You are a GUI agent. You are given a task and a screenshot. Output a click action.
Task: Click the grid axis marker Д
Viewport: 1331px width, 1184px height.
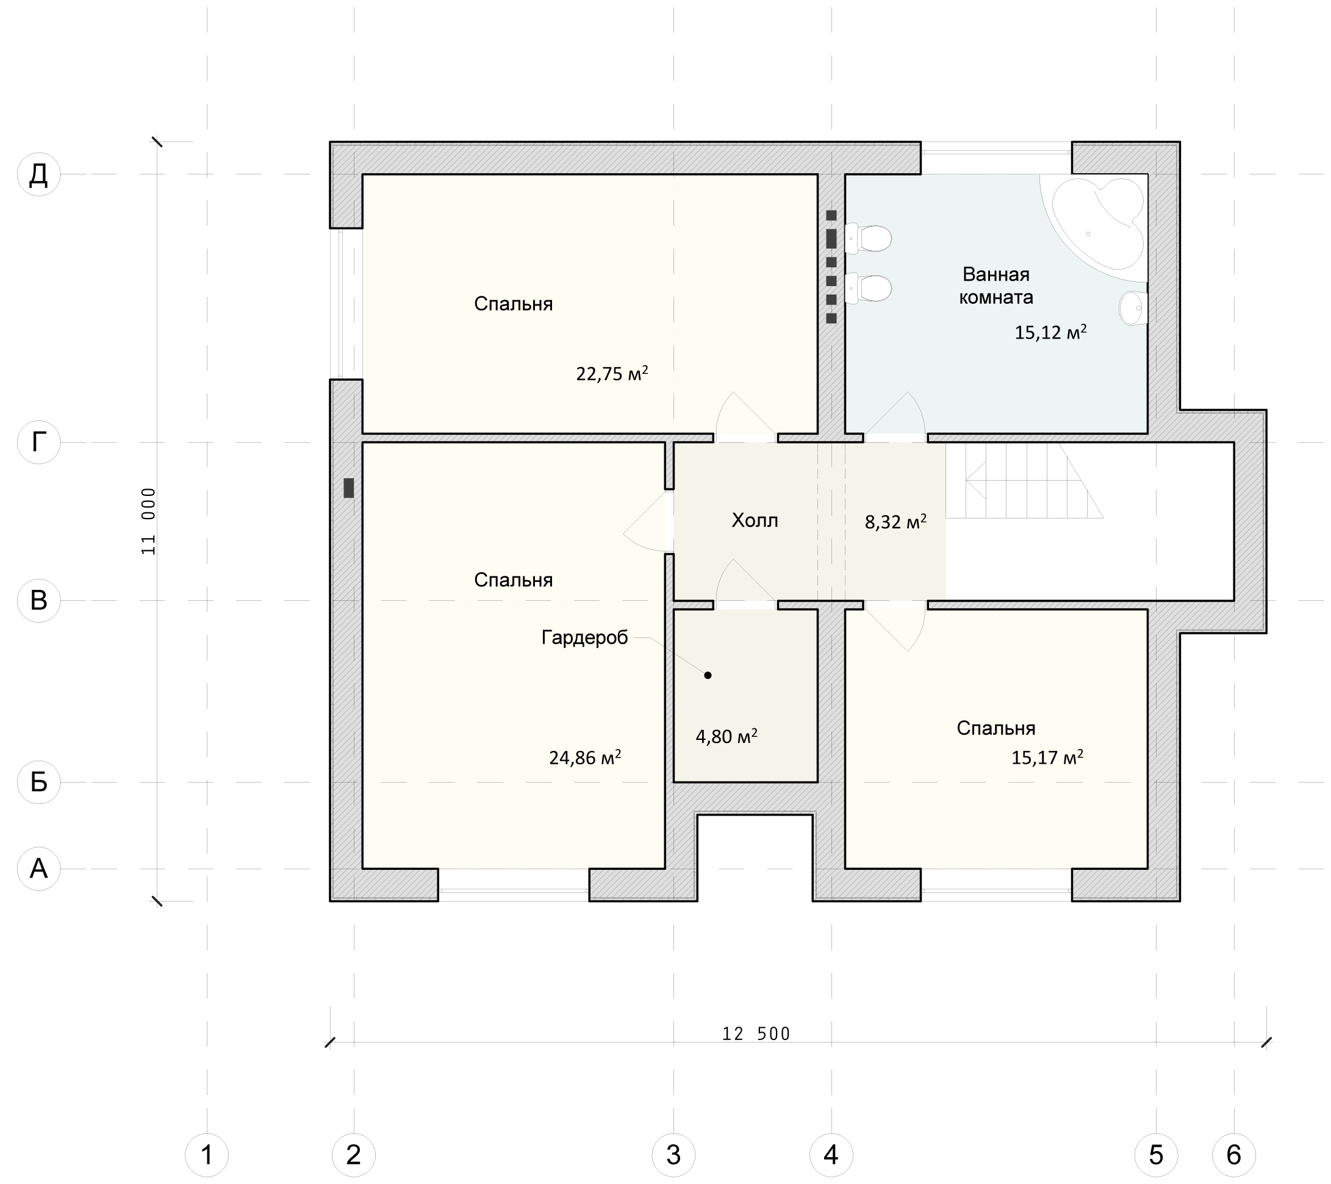click(x=38, y=174)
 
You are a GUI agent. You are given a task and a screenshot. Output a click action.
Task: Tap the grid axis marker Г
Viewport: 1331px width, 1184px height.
click(x=38, y=442)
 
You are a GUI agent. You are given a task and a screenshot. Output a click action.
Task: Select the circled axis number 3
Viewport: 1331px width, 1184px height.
click(x=673, y=1155)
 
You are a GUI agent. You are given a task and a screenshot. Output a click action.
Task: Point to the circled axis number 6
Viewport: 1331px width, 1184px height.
click(x=1233, y=1155)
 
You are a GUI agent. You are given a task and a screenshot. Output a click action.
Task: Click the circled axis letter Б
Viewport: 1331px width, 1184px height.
click(x=38, y=782)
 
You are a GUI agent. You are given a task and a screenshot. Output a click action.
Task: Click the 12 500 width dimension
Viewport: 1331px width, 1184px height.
click(x=756, y=1033)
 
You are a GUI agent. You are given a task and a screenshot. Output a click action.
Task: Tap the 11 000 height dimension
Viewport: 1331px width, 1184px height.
click(x=148, y=521)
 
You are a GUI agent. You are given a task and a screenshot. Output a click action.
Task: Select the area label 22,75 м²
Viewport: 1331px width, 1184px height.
click(x=611, y=373)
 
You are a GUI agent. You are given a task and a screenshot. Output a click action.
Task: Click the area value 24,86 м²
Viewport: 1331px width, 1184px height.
click(x=585, y=757)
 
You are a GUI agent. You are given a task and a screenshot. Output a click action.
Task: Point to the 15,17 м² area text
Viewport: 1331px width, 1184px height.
click(x=1047, y=757)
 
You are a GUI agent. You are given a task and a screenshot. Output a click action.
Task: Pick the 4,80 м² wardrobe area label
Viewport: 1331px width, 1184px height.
click(x=726, y=737)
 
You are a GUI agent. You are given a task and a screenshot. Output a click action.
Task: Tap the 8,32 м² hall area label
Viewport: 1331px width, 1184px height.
click(x=895, y=522)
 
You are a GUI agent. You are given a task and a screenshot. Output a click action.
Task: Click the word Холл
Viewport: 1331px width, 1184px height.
click(x=755, y=520)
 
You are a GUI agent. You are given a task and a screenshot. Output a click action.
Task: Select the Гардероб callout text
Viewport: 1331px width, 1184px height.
click(x=585, y=637)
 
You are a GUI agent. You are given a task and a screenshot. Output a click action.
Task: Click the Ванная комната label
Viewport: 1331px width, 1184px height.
click(x=996, y=285)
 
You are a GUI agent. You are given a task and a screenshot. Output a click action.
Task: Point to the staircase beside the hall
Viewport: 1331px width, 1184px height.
click(x=1024, y=481)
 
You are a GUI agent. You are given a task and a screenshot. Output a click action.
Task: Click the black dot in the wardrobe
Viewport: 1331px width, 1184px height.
click(x=708, y=675)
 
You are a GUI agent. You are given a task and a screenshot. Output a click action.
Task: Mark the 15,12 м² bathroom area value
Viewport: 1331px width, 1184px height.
click(x=1050, y=332)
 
